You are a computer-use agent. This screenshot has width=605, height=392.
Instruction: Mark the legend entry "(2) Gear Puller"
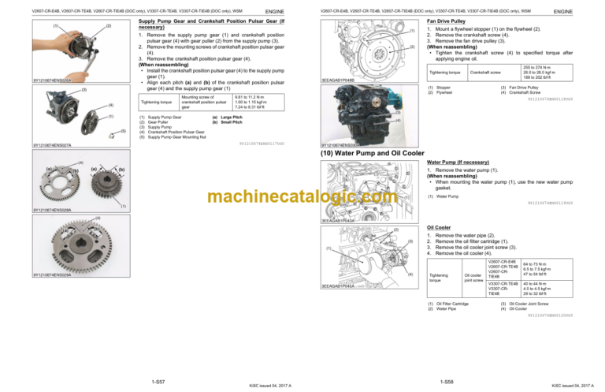[x=153, y=122]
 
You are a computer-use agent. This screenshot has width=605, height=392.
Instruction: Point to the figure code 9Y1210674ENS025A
[x=52, y=80]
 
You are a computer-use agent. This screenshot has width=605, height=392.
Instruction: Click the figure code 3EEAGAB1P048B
[x=339, y=80]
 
